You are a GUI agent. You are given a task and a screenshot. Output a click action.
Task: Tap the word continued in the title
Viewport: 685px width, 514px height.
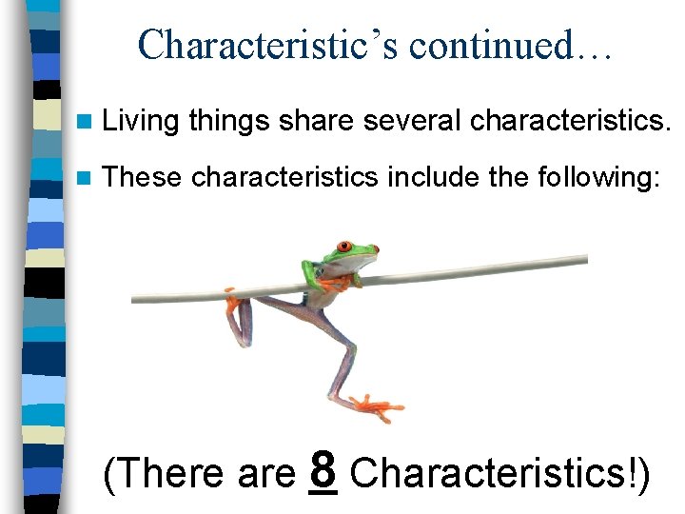496,45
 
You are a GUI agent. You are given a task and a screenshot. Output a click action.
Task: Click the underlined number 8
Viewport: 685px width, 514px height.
324,470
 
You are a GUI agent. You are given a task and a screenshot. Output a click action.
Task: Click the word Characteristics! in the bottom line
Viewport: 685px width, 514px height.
500,474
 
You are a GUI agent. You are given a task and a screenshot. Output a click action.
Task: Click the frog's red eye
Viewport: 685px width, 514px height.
374,249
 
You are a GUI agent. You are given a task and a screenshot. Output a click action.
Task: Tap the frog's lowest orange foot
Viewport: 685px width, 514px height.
377,405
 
